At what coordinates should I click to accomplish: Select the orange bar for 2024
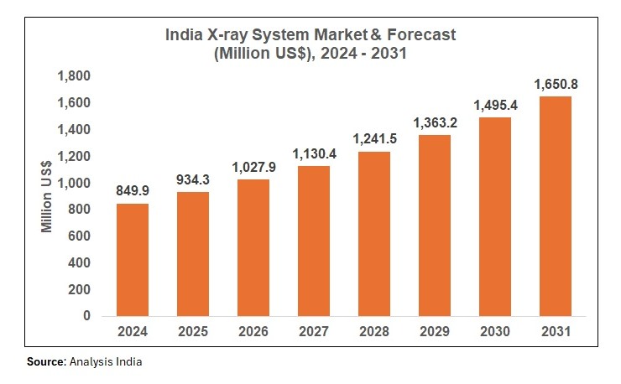[x=133, y=259]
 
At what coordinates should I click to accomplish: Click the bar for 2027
[x=314, y=241]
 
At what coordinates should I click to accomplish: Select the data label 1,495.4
[x=495, y=105]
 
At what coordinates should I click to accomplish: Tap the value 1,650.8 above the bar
[x=556, y=84]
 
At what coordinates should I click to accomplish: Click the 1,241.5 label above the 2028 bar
[x=374, y=138]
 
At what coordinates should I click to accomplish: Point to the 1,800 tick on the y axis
[x=73, y=76]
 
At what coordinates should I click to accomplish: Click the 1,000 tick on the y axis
[x=73, y=183]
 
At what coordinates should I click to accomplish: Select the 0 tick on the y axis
[x=86, y=316]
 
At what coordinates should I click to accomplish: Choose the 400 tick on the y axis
[x=79, y=262]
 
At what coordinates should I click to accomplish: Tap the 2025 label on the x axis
[x=193, y=332]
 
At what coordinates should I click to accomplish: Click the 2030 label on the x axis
[x=495, y=332]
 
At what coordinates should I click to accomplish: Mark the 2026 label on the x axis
[x=253, y=332]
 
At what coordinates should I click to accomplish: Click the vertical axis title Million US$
[x=48, y=196]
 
